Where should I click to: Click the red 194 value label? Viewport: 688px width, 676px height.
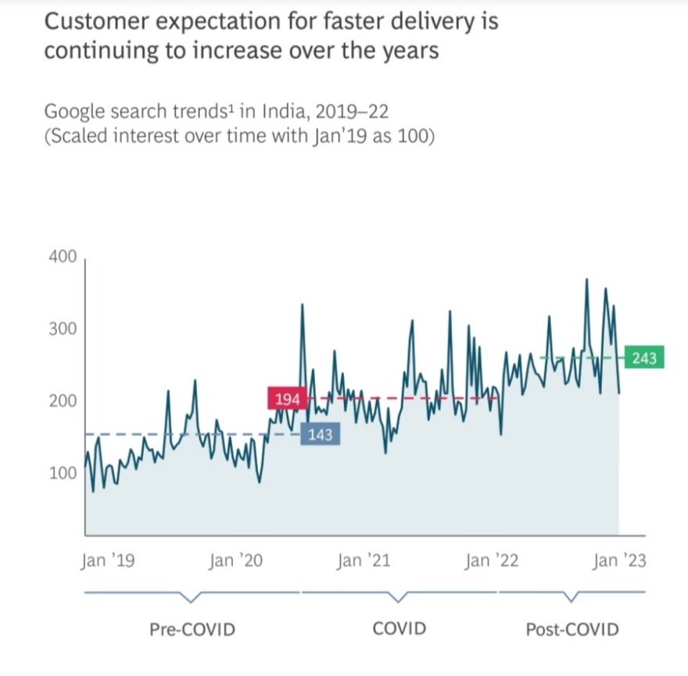tap(287, 399)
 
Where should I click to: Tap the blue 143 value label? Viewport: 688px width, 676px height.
tap(320, 435)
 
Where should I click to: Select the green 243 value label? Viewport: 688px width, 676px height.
tap(644, 358)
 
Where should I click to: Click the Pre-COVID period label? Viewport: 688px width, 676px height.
tap(192, 629)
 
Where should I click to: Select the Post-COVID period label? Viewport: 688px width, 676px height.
tap(572, 629)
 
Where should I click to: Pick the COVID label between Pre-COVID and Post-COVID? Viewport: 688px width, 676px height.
tap(399, 628)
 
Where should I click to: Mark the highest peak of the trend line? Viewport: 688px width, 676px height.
tap(586, 279)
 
